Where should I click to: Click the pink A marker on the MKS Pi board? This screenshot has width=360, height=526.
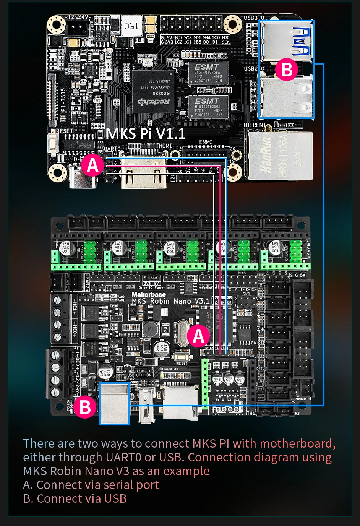pos(92,165)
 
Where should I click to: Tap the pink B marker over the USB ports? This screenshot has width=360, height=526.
pos(287,70)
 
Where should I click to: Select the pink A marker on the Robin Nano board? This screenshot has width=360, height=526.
pos(198,336)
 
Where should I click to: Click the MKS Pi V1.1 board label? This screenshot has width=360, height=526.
pos(146,134)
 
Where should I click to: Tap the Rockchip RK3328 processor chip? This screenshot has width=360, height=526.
pos(153,91)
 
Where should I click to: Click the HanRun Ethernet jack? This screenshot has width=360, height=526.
pos(279,155)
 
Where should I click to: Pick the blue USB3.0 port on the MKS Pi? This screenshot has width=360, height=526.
pos(287,41)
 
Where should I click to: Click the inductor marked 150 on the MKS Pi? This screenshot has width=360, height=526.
pos(131,26)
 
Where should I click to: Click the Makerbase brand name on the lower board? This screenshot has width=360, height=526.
pos(149,294)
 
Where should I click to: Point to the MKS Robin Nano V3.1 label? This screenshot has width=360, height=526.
pos(170,301)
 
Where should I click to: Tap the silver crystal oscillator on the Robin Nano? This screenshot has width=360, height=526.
pos(181,334)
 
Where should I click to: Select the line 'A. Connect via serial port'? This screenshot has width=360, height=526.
pos(91,485)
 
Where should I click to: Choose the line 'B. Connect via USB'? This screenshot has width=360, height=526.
pos(75,498)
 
